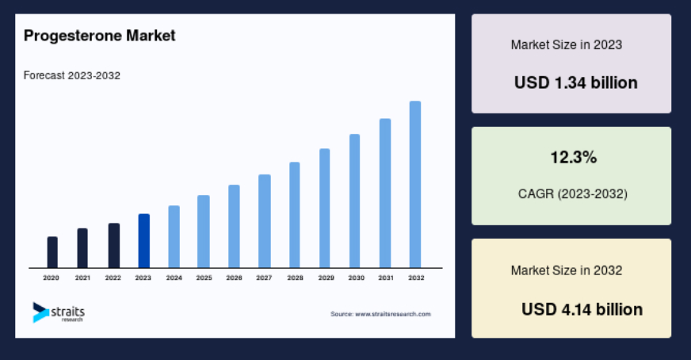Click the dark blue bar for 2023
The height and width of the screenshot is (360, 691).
tap(144, 241)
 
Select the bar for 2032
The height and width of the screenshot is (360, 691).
tap(415, 185)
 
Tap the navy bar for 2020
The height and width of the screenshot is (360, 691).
tap(52, 252)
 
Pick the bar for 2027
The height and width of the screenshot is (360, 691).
tap(265, 221)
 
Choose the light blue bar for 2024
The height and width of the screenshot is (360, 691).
tap(174, 236)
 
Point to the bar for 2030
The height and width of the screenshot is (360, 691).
tap(355, 201)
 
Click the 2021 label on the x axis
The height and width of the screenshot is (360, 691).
tap(82, 278)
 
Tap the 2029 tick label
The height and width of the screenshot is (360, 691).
tap(326, 278)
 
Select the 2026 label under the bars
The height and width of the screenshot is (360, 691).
tap(234, 278)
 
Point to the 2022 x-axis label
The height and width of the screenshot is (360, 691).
tap(113, 278)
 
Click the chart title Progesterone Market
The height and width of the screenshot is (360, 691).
tap(100, 36)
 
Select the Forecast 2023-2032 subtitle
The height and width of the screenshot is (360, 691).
tap(72, 75)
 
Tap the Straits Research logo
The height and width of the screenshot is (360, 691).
tap(59, 312)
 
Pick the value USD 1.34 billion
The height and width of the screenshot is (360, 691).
tap(576, 83)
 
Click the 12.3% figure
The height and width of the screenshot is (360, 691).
tap(574, 158)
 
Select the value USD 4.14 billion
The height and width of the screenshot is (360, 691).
tap(582, 310)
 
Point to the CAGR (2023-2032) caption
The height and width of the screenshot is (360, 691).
tap(573, 193)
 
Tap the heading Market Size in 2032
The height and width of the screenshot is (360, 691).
tap(567, 270)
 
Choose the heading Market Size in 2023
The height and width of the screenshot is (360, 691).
tap(567, 45)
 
